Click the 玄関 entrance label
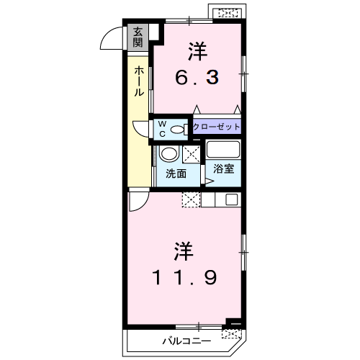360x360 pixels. [138, 37]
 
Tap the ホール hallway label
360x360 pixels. [139, 81]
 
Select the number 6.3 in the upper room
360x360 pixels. [197, 77]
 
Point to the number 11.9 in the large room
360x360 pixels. [184, 278]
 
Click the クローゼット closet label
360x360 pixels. [217, 127]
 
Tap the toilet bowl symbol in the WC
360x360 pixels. [179, 130]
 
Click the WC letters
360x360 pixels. [163, 129]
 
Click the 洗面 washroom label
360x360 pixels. [176, 174]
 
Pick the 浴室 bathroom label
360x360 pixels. [224, 168]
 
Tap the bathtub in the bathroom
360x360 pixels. [223, 150]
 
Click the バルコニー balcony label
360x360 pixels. [187, 341]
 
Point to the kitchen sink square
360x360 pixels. [232, 199]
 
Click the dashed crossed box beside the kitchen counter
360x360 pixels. [192, 199]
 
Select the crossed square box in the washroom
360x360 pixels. [192, 154]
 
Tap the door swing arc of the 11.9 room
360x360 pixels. [143, 206]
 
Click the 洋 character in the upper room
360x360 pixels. [198, 52]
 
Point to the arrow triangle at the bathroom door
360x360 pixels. [210, 181]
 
